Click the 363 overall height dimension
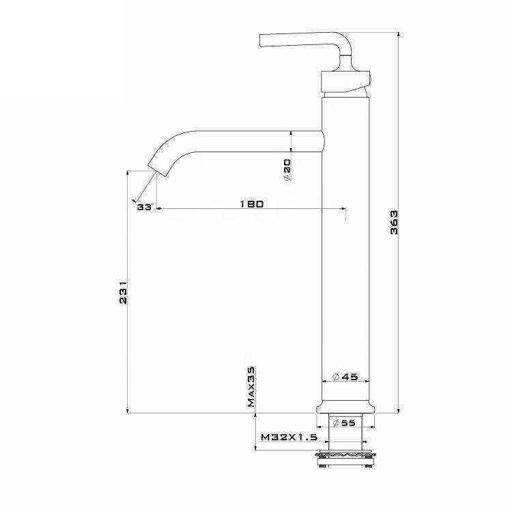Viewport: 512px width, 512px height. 394,223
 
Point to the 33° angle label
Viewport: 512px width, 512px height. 143,207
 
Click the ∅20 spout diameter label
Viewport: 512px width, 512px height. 287,169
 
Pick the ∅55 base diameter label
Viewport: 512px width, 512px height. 345,423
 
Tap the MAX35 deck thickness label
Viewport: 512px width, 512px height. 251,386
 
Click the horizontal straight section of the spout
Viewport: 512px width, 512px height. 259,141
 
